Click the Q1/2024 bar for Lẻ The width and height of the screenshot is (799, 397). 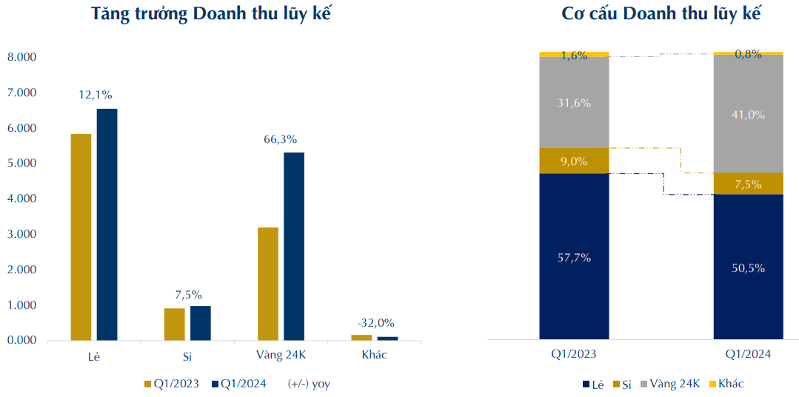(x=107, y=224)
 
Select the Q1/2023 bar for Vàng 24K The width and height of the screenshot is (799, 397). (x=268, y=284)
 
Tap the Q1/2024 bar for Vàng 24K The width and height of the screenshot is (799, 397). (x=294, y=246)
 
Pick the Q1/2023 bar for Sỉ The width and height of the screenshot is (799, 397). (x=174, y=324)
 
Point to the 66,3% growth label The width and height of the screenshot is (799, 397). (x=281, y=139)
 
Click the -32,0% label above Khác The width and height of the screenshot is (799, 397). (x=375, y=323)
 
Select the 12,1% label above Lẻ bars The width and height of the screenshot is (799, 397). (x=96, y=95)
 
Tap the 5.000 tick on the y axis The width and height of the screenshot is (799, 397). (x=22, y=164)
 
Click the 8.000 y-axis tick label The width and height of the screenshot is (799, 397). (x=22, y=58)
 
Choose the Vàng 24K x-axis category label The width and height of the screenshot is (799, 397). (x=281, y=356)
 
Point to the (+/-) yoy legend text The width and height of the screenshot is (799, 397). (x=309, y=384)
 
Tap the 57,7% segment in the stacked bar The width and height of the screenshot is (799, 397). (x=574, y=257)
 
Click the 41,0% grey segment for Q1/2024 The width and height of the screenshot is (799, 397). (x=748, y=115)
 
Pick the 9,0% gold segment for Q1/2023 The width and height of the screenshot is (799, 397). (x=574, y=161)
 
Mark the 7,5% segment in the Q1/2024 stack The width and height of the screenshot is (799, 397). (x=748, y=184)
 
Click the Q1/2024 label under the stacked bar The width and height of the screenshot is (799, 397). (x=748, y=355)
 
